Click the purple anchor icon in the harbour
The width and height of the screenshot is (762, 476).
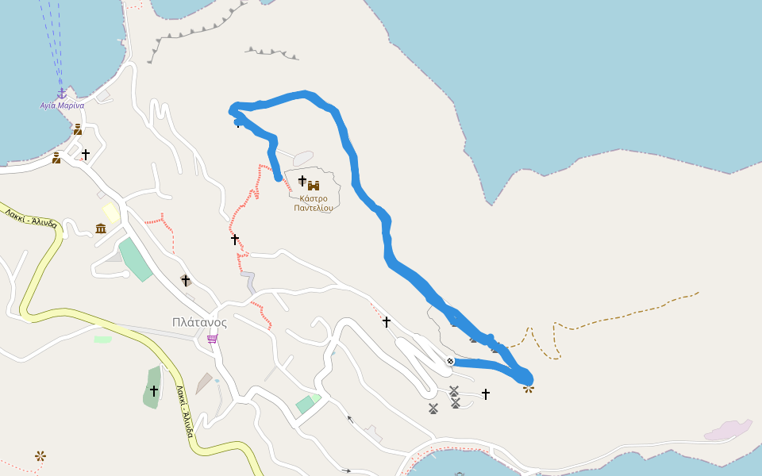(61, 94)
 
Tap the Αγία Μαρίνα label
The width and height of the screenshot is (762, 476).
(62, 106)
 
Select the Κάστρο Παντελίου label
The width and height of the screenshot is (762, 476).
(313, 203)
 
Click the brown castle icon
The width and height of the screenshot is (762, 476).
(314, 186)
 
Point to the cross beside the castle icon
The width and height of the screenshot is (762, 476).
(302, 181)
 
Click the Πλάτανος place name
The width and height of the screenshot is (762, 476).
(199, 322)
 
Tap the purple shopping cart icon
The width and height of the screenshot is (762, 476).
(212, 339)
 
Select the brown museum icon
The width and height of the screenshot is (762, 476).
(101, 228)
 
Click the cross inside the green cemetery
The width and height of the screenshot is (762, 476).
(154, 390)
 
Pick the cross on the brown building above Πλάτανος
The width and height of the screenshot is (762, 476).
(186, 280)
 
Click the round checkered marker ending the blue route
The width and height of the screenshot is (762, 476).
(450, 362)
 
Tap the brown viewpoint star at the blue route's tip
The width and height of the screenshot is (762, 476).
(528, 388)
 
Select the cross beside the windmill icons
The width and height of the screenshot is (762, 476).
(485, 393)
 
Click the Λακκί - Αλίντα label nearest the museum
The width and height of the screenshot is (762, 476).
(31, 218)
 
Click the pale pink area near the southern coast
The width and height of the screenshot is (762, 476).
(729, 430)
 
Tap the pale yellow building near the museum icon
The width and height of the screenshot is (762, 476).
(110, 212)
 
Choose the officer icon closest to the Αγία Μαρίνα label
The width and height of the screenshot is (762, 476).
(78, 129)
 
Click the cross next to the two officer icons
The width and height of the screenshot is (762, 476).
(86, 154)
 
